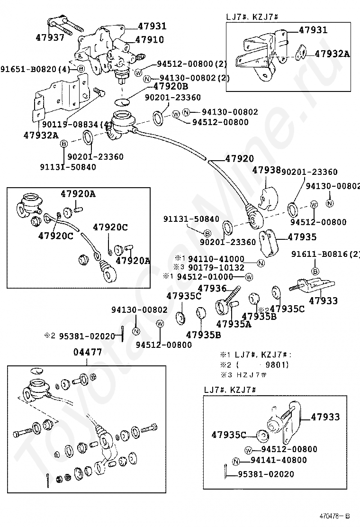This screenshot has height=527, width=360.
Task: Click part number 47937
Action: pos(50,37)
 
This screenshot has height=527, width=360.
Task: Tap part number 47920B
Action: pos(171,86)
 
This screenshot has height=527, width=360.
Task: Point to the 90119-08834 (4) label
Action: pos(76,125)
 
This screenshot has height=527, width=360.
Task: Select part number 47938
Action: pos(266,169)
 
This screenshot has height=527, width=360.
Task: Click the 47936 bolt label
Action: pos(212,288)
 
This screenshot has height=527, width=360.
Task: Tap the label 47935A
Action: pos(234,325)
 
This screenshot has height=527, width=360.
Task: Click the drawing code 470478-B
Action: pos(334,516)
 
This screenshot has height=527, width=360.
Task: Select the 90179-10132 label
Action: pos(216,267)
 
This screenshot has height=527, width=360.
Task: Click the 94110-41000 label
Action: pos(216,259)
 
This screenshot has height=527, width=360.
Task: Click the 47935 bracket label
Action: pos(302,237)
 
